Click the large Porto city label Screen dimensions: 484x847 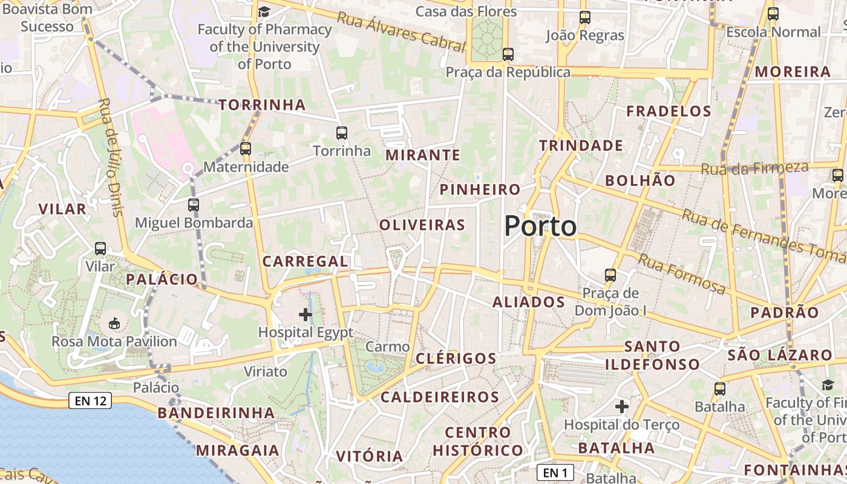click(540, 226)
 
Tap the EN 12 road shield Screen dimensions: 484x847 click(90, 401)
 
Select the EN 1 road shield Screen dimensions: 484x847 click(555, 472)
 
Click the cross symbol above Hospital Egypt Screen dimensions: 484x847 click(306, 315)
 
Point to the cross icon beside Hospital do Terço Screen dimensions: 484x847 click(622, 407)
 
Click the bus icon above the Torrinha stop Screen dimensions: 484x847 click(342, 132)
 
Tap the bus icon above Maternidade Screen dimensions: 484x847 click(245, 148)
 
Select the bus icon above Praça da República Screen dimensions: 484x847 click(508, 54)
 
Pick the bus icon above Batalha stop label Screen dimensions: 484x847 click(720, 388)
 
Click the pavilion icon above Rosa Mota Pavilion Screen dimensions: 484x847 click(114, 324)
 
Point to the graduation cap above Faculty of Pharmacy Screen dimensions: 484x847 click(264, 11)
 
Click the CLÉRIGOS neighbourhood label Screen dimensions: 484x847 click(456, 358)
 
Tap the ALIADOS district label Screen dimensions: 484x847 click(529, 302)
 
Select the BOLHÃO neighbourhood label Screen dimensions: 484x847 click(640, 180)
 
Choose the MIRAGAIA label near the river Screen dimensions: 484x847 click(237, 450)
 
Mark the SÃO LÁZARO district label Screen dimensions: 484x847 click(771, 355)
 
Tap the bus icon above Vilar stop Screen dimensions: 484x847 click(100, 248)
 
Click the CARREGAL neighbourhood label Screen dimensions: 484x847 click(305, 261)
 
